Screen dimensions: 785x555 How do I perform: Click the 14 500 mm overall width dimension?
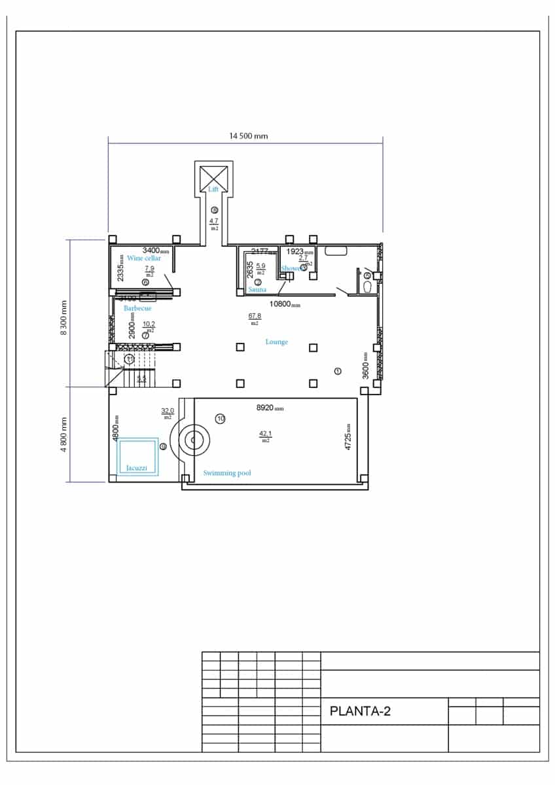point(248,136)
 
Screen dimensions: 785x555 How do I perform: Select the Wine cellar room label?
point(144,258)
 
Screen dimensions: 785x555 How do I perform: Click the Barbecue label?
point(137,308)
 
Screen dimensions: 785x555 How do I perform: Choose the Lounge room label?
point(276,342)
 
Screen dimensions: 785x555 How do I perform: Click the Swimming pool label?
point(227,473)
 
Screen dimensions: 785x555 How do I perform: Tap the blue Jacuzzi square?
point(137,457)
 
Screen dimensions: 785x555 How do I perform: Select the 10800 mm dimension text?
point(285,304)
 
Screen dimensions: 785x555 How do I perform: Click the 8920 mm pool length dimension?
point(270,408)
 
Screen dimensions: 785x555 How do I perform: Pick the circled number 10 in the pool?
point(221,419)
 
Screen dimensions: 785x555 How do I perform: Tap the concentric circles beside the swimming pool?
point(193,441)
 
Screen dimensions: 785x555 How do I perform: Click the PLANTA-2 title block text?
point(360,711)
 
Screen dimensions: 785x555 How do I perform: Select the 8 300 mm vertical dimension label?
point(64,317)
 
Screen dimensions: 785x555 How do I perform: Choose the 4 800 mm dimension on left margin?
point(64,434)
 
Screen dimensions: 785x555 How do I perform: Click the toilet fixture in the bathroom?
point(367,287)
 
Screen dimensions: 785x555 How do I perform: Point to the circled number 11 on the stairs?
point(130,359)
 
